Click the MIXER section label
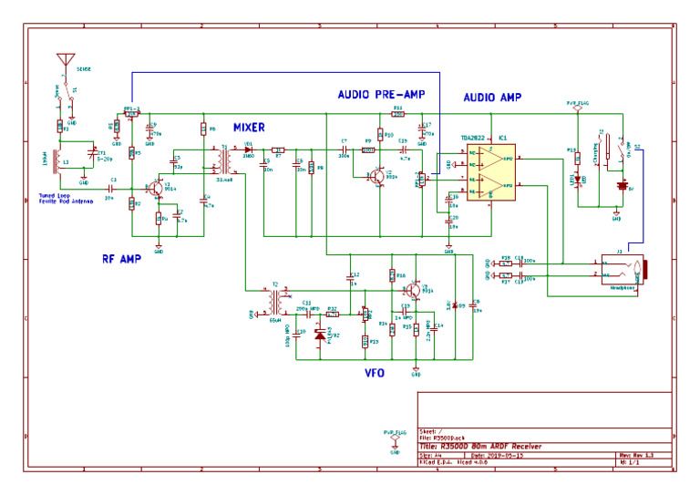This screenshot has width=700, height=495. (249, 127)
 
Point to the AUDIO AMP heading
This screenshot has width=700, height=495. (492, 97)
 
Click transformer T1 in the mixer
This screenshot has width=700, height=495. (221, 162)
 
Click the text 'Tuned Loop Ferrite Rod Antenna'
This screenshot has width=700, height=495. (65, 198)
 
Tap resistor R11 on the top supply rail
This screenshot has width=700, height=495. (397, 114)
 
